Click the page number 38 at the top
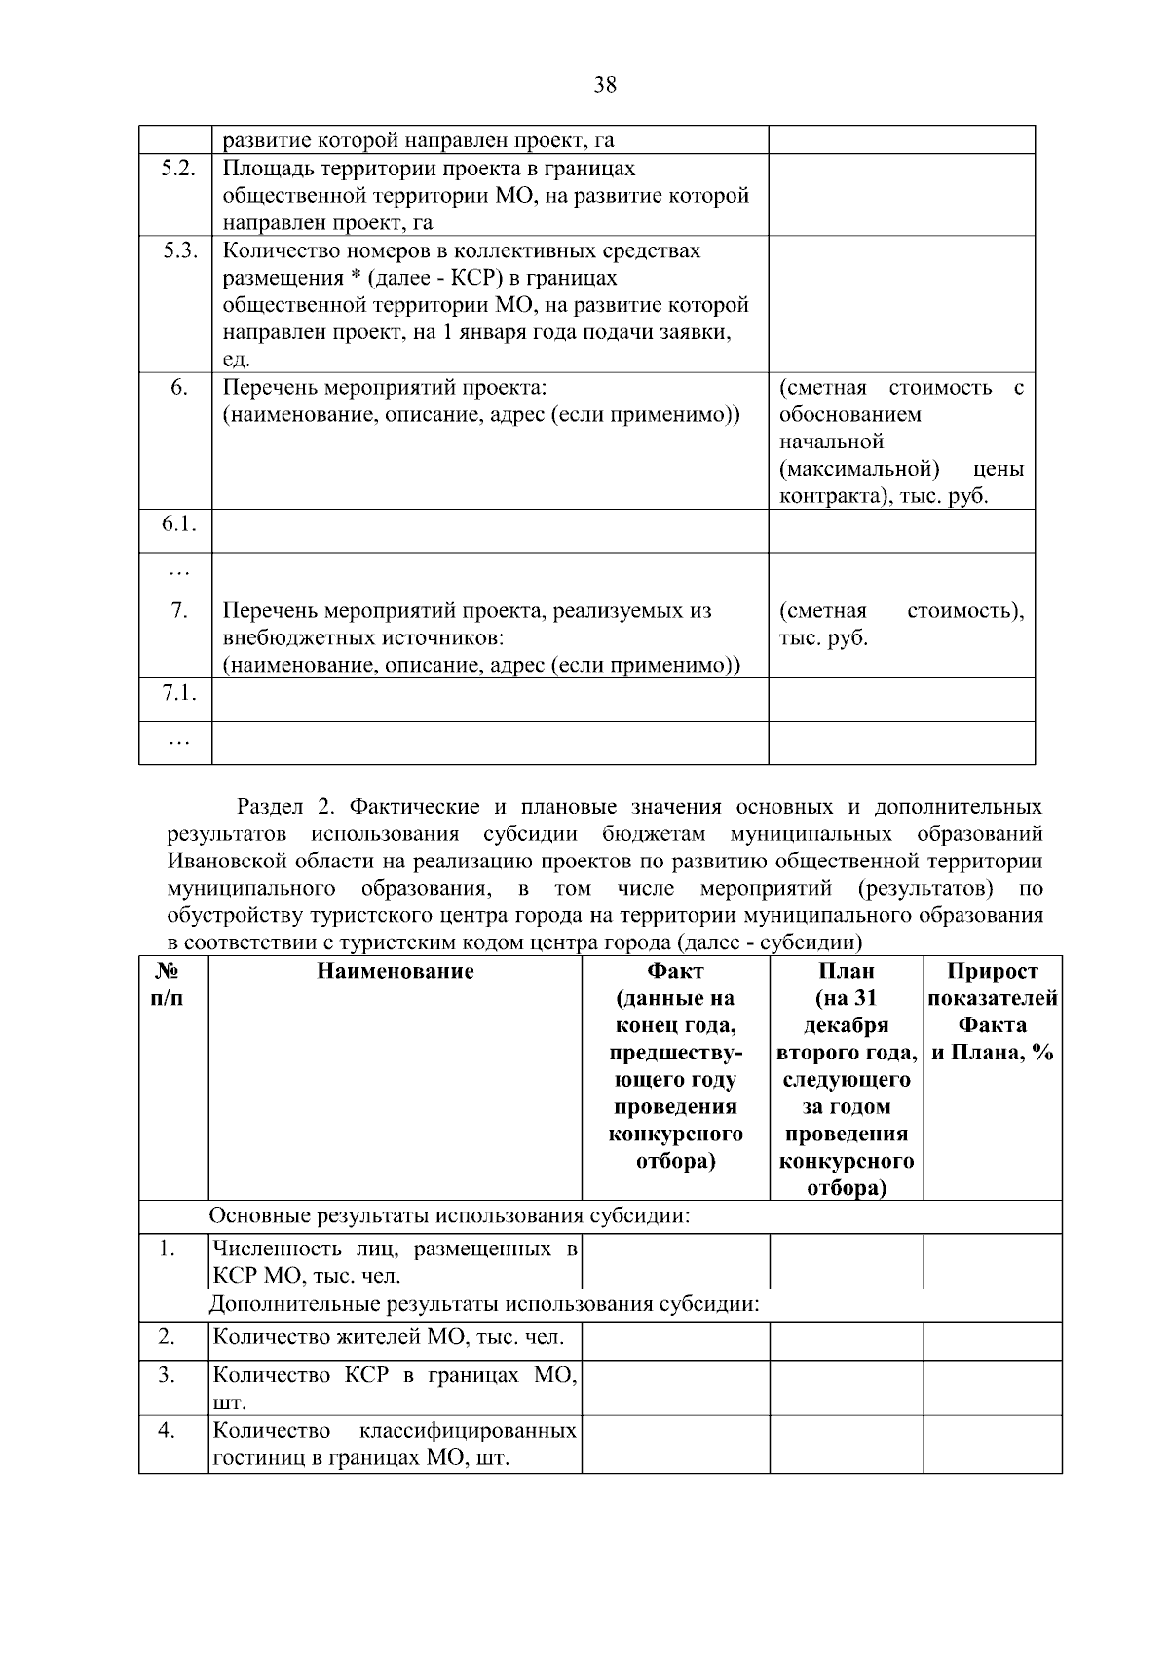(x=604, y=85)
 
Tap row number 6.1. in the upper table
(x=178, y=524)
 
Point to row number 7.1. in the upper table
(x=178, y=693)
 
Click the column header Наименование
(x=395, y=972)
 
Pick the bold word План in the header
(x=846, y=972)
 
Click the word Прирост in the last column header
(x=992, y=972)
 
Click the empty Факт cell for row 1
(x=675, y=1262)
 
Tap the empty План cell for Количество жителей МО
(x=846, y=1339)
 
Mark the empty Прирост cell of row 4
(x=992, y=1444)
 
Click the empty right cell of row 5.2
(x=901, y=195)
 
